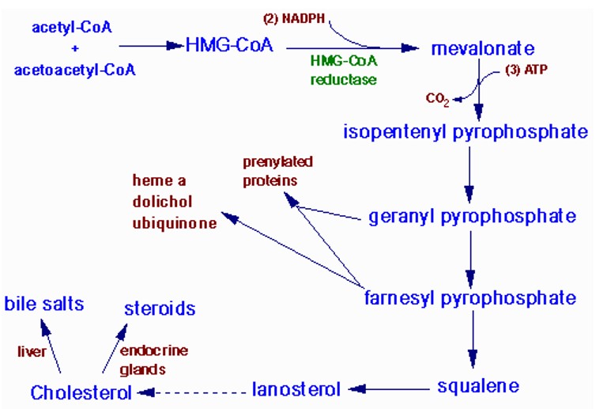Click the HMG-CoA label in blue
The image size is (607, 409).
pos(229,45)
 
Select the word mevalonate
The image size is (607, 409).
pos(483,49)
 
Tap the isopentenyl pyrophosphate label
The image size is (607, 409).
pos(465,131)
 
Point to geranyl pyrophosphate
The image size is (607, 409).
pos(472,216)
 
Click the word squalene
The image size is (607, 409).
pos(478,386)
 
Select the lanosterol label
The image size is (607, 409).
pos(296,388)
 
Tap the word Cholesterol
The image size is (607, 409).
pos(81,392)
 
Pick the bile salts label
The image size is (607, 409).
pos(44,304)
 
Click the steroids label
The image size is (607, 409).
pos(159,308)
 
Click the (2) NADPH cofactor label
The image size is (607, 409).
pos(294,16)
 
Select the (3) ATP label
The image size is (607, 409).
pos(526,70)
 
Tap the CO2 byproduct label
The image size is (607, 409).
pos(437,99)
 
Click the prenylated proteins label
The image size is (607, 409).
pos(276,171)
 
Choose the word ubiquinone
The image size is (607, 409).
pos(175,223)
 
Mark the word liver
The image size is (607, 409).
pos(32,351)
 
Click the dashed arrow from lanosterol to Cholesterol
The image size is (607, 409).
pos(193,390)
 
